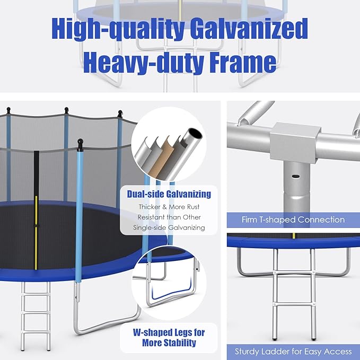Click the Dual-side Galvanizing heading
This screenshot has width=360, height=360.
point(169,194)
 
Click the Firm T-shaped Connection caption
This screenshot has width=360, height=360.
point(293,219)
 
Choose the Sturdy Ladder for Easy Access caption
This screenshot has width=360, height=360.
point(293,351)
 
